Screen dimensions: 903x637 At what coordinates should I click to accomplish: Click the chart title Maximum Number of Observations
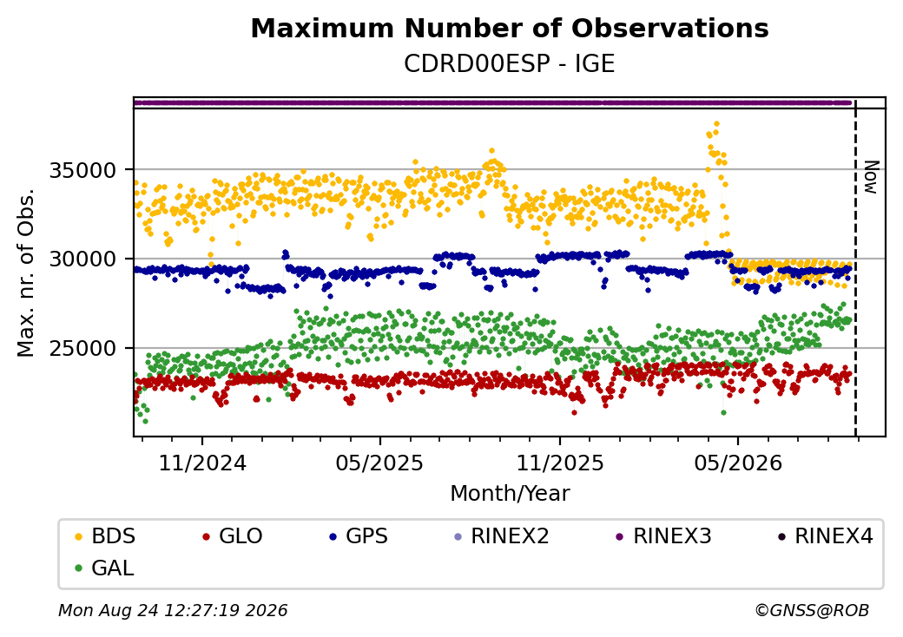click(510, 28)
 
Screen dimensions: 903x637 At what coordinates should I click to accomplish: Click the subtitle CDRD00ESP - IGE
click(510, 64)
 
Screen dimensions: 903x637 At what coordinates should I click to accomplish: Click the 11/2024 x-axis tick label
click(202, 463)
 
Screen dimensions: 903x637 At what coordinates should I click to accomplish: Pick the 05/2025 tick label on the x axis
click(380, 463)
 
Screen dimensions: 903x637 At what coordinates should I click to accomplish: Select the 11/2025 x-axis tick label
click(560, 463)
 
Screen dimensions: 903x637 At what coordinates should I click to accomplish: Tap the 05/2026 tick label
click(738, 463)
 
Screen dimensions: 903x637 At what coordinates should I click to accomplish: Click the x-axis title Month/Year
click(510, 494)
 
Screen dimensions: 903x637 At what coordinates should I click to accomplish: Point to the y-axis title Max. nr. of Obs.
click(26, 273)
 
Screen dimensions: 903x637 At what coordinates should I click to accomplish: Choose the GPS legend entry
click(359, 536)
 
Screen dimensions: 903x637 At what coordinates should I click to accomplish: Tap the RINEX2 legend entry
click(502, 536)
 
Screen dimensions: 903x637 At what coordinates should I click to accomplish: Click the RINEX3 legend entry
click(663, 536)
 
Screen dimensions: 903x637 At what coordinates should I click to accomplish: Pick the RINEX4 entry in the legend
click(825, 536)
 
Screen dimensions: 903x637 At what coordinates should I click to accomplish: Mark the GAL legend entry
click(105, 568)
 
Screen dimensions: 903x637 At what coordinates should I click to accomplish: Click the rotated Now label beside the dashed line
click(872, 177)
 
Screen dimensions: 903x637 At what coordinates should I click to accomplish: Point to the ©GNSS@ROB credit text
click(812, 610)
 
